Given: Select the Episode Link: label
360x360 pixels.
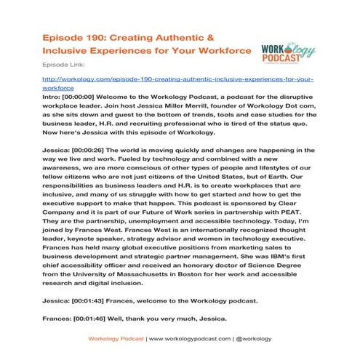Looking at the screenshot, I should coord(61,64).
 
